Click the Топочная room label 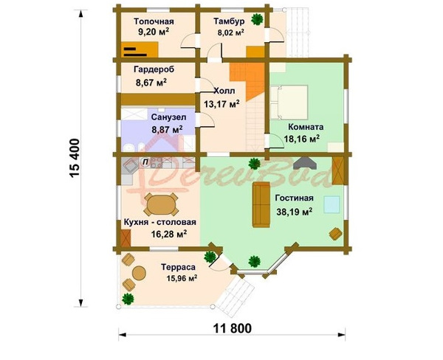154,21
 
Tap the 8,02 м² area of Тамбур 230,32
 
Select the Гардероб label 154,69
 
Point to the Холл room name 224,91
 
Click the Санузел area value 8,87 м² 167,130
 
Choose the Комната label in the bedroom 306,127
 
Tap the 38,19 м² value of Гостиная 294,212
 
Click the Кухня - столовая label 160,222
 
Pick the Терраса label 178,267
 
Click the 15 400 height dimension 75,158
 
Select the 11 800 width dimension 232,329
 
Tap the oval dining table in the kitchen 161,204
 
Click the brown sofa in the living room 261,204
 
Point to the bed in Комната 289,103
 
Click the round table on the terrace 140,273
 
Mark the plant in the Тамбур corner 257,19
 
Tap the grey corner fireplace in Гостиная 305,163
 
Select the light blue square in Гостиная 332,204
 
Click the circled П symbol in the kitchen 145,162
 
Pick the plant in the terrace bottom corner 128,299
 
